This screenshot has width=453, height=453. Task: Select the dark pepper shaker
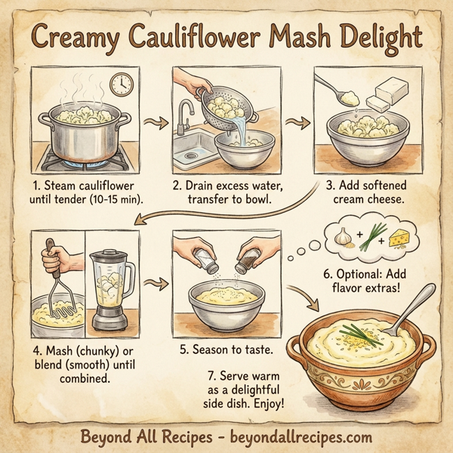point(246,260)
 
